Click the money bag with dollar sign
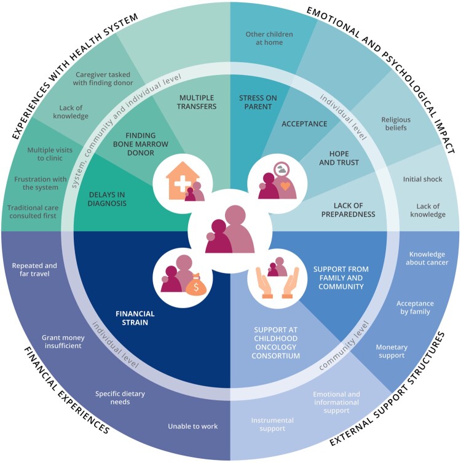[x=196, y=285]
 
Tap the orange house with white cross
[x=182, y=180]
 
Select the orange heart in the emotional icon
[x=285, y=186]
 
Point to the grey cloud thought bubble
[x=282, y=170]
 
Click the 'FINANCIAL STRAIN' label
[x=135, y=318]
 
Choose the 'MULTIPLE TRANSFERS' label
[x=197, y=102]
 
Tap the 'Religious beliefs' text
[x=396, y=124]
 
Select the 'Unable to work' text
[x=193, y=426]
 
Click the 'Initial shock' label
[x=423, y=179]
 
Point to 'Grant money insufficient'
[x=63, y=342]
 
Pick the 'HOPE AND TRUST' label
[x=339, y=158]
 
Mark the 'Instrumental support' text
[x=272, y=424]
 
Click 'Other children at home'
[x=269, y=38]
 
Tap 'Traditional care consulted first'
[x=33, y=212]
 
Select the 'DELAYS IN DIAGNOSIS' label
[x=107, y=199]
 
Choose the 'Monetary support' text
[x=392, y=351]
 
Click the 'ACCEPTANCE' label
[x=304, y=124]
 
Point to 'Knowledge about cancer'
[x=427, y=258]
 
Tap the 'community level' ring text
[x=344, y=346]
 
